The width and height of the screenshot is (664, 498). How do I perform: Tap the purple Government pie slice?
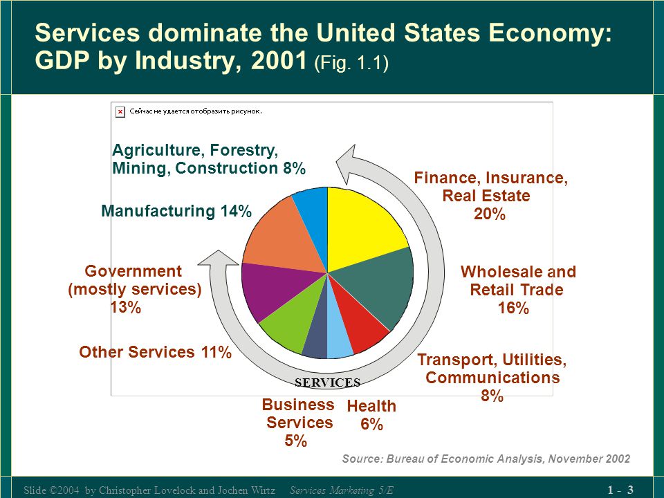pos(275,288)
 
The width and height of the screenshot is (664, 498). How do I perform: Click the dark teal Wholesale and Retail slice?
pos(377,284)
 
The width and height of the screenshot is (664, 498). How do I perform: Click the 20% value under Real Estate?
pos(490,214)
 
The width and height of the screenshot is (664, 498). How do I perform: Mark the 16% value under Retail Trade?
pos(513,308)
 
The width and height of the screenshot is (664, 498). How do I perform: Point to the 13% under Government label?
pos(126,307)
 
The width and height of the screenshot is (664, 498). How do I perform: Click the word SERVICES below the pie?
pos(327,382)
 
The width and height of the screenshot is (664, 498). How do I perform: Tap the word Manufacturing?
pos(158,211)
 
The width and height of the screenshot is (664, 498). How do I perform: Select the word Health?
pos(371,406)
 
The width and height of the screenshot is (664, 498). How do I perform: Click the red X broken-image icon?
pos(120,112)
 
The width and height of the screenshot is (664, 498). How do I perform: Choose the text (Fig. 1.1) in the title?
pos(351,63)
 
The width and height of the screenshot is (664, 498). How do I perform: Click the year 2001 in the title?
pos(279,61)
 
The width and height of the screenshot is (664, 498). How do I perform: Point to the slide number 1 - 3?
pos(620,490)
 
